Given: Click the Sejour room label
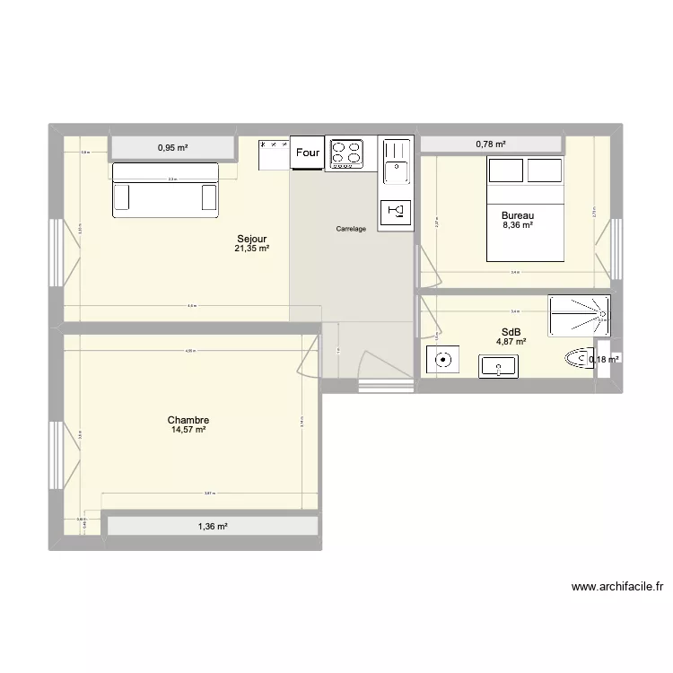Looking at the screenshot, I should (x=251, y=239).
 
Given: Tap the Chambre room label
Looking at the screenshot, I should (x=188, y=420).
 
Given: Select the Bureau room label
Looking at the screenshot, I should (x=518, y=215).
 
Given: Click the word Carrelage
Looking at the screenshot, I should (x=351, y=230).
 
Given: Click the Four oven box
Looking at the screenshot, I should (x=308, y=153).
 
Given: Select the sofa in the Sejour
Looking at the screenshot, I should (x=165, y=189).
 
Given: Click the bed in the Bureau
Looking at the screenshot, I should (x=525, y=208).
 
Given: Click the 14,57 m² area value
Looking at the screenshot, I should (x=188, y=430).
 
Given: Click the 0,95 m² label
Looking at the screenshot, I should (x=172, y=147).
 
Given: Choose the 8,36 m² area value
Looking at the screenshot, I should (x=518, y=225).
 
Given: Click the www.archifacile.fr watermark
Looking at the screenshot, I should (x=616, y=588).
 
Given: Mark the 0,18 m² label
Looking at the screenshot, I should (x=604, y=360).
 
